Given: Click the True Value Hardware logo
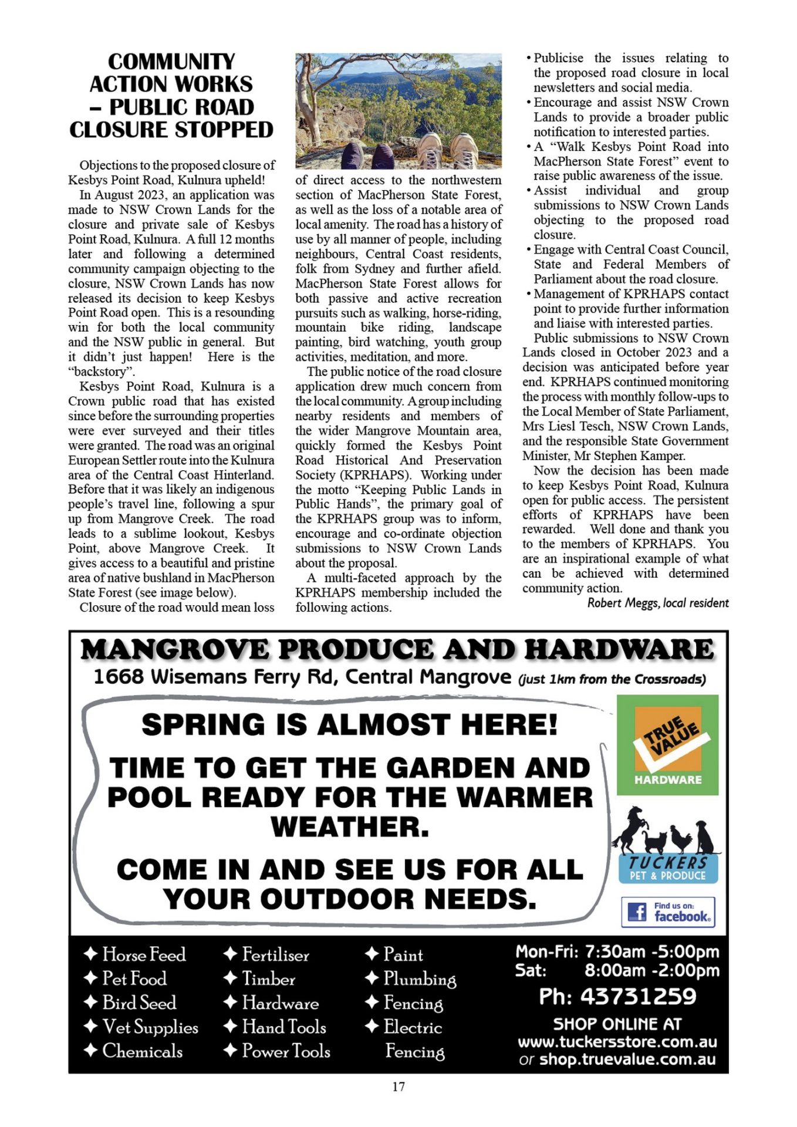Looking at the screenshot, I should [667, 744].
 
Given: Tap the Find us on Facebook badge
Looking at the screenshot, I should [668, 912].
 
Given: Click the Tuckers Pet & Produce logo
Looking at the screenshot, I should [667, 846].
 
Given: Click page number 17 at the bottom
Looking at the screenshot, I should [398, 1086].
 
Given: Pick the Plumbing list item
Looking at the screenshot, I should [419, 979].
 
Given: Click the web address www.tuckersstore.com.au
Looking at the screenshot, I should [617, 1042].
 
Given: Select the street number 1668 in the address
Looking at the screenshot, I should [119, 677].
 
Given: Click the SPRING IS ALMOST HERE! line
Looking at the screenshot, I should [349, 725].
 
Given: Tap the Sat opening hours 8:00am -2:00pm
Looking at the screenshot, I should [651, 970].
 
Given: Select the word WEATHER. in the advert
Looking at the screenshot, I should [350, 827].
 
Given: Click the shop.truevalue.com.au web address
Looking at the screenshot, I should [627, 1059].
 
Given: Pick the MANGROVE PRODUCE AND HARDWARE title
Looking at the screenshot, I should [397, 650].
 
